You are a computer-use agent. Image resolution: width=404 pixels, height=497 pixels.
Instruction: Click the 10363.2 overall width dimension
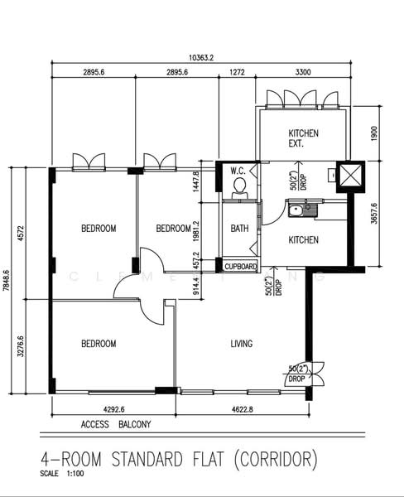(201, 57)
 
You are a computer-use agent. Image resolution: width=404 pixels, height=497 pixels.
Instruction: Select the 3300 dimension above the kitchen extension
(303, 73)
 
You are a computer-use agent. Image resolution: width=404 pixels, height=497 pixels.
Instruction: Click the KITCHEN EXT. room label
(302, 138)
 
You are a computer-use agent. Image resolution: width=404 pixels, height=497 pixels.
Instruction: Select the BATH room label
(240, 229)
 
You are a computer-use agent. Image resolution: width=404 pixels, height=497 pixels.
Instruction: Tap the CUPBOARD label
(241, 267)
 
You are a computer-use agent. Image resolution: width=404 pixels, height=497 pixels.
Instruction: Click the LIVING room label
(241, 344)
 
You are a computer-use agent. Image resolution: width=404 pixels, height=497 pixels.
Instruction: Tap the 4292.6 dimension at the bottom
(108, 408)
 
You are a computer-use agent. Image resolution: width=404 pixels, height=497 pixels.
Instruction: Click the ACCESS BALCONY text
(116, 425)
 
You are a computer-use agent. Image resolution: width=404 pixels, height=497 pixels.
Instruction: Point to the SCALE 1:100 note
(61, 474)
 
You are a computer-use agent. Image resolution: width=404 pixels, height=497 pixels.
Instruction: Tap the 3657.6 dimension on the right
(374, 213)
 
